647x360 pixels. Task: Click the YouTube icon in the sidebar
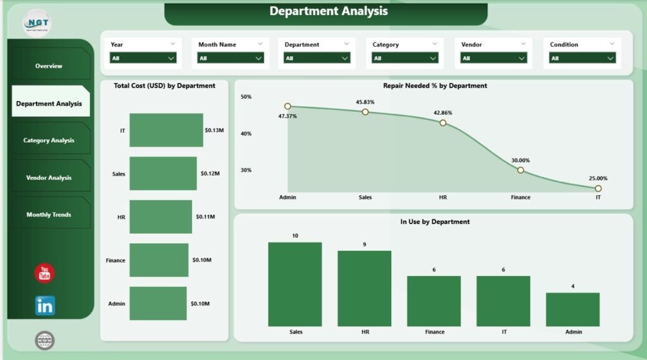44,273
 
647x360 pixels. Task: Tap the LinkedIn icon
45,306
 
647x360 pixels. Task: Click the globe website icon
45,340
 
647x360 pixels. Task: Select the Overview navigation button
49,66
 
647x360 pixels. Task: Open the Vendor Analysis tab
49,177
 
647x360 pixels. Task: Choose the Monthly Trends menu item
49,215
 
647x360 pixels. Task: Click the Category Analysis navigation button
49,140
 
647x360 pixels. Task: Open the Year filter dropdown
143,58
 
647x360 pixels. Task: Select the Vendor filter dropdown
493,58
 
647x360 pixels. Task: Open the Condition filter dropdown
581,58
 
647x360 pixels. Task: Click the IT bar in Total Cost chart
166,130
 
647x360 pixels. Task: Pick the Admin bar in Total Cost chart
158,303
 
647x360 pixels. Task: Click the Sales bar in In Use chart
294,284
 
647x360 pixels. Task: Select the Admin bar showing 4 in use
572,309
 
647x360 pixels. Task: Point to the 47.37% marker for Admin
287,106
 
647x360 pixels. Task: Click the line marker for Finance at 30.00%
521,170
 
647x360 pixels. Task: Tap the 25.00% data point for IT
598,188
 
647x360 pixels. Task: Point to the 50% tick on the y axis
246,97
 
